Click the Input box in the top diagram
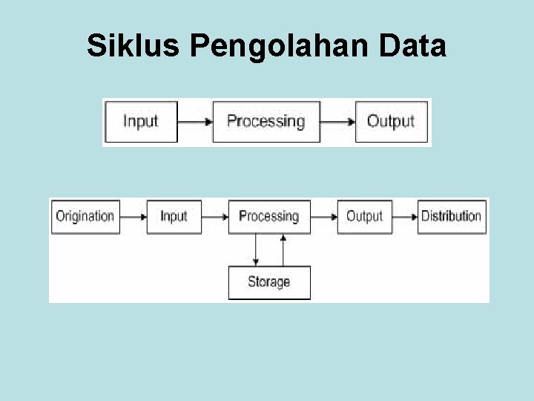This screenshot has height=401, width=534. [x=141, y=121]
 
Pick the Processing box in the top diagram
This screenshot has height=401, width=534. [x=266, y=121]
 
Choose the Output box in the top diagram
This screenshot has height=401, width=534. [x=392, y=121]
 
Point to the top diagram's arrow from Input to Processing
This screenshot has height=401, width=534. [x=195, y=121]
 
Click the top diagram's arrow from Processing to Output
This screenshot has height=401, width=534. [x=338, y=121]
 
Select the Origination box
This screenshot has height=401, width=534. [x=85, y=216]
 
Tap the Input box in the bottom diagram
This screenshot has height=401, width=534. [x=174, y=216]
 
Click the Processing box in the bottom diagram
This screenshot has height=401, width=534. [x=268, y=216]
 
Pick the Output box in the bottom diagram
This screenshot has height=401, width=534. [x=364, y=216]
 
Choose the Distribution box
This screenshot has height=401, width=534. [x=451, y=216]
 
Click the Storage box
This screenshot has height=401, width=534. [x=268, y=282]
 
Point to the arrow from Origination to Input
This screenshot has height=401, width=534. [x=133, y=217]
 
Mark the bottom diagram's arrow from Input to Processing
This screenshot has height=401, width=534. [x=214, y=217]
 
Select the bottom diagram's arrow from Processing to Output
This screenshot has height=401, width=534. [x=323, y=217]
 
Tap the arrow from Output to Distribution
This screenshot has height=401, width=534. [x=404, y=217]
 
